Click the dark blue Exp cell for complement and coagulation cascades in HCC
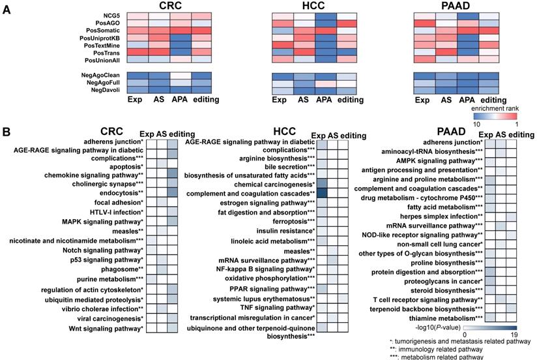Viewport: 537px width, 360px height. (322, 193)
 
